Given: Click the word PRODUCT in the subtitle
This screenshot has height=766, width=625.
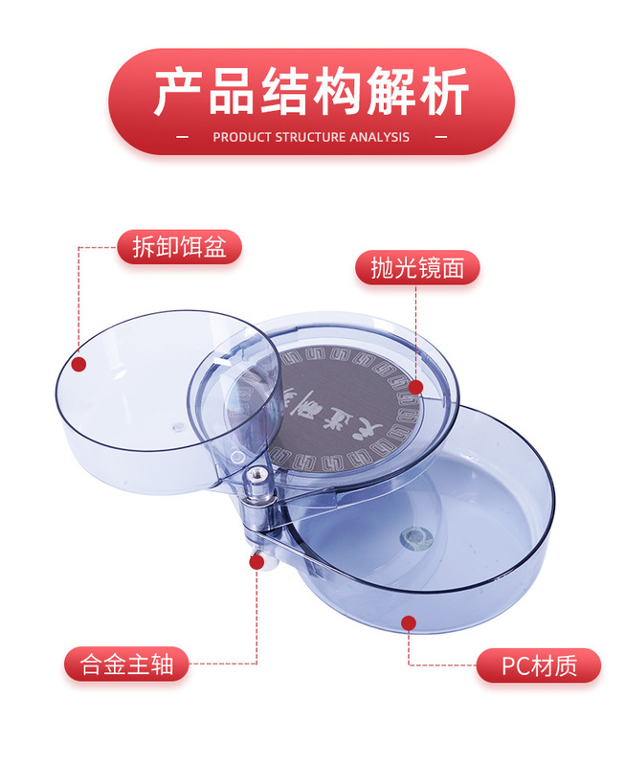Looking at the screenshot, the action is coord(242,137).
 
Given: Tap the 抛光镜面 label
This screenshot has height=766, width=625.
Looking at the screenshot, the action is coord(417,268).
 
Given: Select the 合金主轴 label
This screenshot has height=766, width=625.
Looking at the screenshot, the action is coord(127,664).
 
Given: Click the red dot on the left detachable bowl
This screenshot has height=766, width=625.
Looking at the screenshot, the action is coord(79,364).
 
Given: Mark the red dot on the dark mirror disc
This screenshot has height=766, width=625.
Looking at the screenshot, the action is coord(414,387).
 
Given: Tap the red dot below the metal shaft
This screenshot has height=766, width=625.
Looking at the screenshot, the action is coord(257,561).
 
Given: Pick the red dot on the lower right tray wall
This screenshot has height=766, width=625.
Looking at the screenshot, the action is coord(409,623).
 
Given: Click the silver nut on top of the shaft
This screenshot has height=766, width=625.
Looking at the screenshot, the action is coord(256,479).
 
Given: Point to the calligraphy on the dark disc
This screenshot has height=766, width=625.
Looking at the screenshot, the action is coord(330,405).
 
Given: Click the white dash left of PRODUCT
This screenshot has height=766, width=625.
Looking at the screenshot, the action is coord(184,137).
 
